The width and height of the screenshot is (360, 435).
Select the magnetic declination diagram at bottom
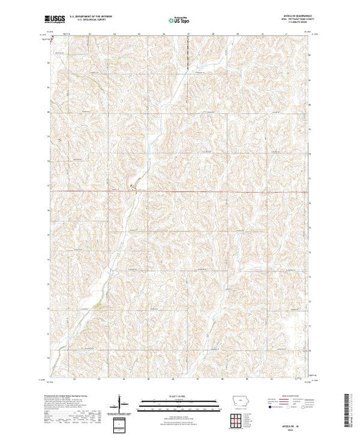pos(122,404)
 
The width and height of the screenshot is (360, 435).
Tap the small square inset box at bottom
pos(122,422)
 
